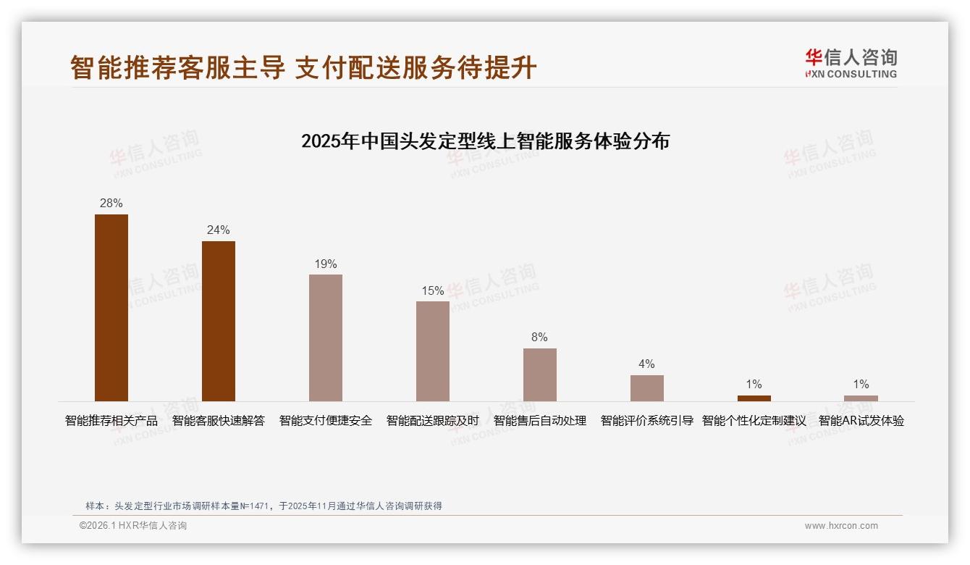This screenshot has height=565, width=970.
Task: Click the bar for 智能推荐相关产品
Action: pyautogui.click(x=111, y=308)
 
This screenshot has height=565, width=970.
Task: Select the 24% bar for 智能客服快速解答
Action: pyautogui.click(x=219, y=321)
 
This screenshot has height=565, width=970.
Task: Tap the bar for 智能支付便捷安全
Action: pyautogui.click(x=326, y=338)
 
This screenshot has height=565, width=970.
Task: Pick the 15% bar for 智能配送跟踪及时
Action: pyautogui.click(x=433, y=351)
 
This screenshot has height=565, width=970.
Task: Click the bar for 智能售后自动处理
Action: pyautogui.click(x=540, y=374)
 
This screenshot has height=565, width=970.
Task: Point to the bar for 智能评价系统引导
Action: pyautogui.click(x=647, y=388)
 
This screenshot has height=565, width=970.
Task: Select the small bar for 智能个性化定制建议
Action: pyautogui.click(x=754, y=398)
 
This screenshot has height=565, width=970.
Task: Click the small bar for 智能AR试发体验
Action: pyautogui.click(x=861, y=398)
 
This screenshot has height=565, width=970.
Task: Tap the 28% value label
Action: pyautogui.click(x=111, y=204)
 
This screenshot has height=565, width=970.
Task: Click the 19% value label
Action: pyautogui.click(x=326, y=264)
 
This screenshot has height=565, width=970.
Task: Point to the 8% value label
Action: pyautogui.click(x=539, y=338)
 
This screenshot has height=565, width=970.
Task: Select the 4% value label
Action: pyautogui.click(x=646, y=364)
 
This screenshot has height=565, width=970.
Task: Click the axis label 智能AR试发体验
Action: pyautogui.click(x=861, y=421)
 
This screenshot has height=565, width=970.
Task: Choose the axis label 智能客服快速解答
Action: pyautogui.click(x=219, y=421)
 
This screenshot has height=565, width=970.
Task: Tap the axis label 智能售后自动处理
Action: pyautogui.click(x=540, y=421)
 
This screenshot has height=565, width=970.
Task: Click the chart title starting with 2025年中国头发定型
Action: pyautogui.click(x=485, y=141)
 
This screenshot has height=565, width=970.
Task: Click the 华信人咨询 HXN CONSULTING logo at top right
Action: pyautogui.click(x=851, y=64)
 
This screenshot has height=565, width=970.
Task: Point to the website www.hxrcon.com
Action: pyautogui.click(x=841, y=526)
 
